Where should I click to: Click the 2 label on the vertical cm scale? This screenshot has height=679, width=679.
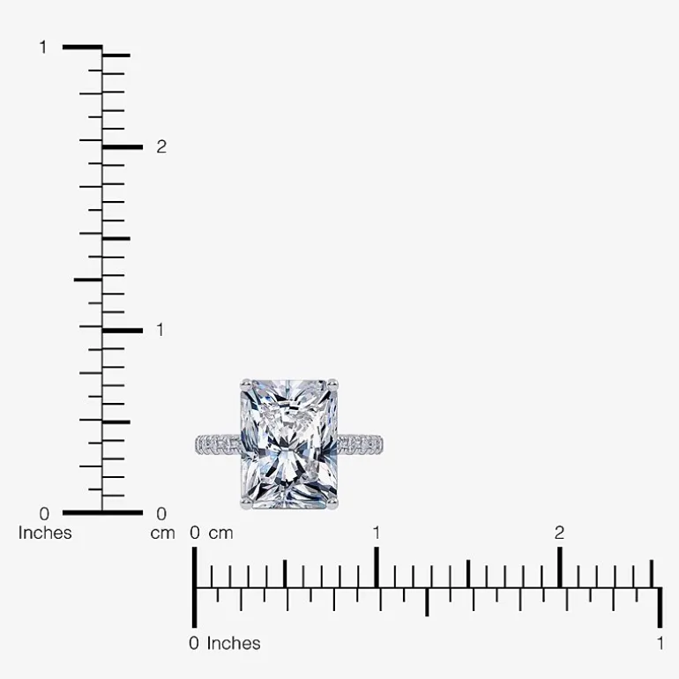(161, 147)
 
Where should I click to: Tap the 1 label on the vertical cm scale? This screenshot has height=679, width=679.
(160, 330)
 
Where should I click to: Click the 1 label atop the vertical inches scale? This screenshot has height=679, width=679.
(43, 48)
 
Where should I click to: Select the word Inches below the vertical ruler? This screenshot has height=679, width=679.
(45, 533)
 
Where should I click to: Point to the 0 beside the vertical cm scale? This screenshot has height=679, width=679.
(161, 514)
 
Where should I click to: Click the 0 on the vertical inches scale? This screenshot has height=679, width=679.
(44, 514)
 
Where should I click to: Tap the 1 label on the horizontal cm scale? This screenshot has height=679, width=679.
(377, 533)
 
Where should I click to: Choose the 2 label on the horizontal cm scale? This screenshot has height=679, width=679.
(559, 533)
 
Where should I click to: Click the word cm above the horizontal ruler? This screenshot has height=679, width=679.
(220, 533)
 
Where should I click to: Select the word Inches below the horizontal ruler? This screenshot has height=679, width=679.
(234, 644)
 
